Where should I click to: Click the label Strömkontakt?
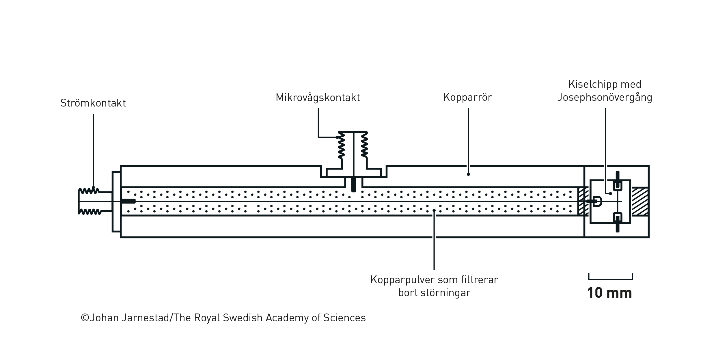coord(93,103)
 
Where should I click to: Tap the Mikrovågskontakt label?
coord(318,98)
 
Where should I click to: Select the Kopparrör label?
coord(467,98)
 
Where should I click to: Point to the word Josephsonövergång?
coord(605,98)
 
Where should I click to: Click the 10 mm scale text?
coord(609,293)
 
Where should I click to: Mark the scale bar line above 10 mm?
coord(610,279)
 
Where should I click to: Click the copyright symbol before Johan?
coord(85,318)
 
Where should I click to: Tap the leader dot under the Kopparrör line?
coord(468,174)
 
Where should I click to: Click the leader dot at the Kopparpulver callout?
coord(434,210)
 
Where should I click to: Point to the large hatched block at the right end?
coord(640,202)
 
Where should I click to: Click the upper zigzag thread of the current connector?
coord(89,191)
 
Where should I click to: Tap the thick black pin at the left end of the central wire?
coord(128,201)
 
